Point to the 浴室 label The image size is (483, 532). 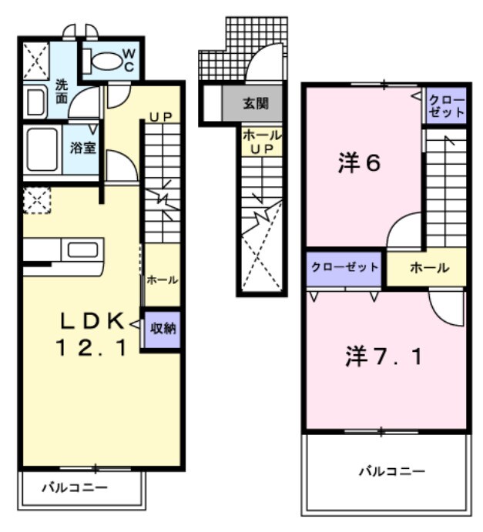(x=83, y=146)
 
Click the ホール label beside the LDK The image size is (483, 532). (x=162, y=280)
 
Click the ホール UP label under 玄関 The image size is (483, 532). (x=261, y=142)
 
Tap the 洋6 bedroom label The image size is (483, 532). (x=359, y=164)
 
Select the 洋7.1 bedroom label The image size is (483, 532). (x=383, y=358)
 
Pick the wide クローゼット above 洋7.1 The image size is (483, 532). (x=344, y=268)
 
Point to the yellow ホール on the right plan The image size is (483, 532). (x=429, y=268)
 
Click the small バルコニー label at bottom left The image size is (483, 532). (x=74, y=487)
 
